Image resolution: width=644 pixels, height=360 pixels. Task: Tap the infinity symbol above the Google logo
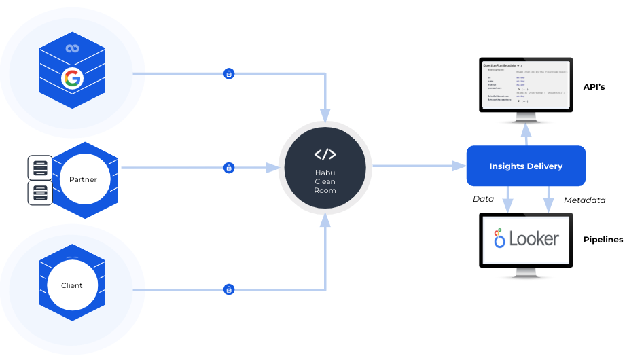pos(72,48)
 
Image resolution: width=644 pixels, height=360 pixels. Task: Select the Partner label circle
pos(83,180)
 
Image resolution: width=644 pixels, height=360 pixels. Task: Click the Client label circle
pos(72,285)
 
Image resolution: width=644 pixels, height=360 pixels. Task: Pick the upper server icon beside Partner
pos(40,167)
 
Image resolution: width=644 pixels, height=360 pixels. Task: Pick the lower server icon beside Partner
pos(40,193)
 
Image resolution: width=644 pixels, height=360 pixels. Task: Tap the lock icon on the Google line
pos(229,73)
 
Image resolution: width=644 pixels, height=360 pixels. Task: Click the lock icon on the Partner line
pos(229,167)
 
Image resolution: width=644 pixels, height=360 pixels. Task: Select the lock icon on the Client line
pos(229,289)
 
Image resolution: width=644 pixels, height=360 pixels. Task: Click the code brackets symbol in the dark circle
pos(325,154)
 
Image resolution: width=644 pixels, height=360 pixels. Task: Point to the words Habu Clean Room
pos(325,181)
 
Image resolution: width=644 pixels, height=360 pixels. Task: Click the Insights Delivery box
pos(526,166)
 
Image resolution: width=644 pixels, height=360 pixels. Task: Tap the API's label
pos(594,87)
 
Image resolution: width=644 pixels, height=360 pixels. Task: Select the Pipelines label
pos(603,240)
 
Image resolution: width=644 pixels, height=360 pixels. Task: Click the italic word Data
pos(483,200)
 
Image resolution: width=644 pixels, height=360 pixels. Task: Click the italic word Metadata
pos(584,200)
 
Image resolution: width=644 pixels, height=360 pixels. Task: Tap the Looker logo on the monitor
pos(526,238)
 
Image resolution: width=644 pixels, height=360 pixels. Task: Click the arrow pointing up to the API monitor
pos(526,134)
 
